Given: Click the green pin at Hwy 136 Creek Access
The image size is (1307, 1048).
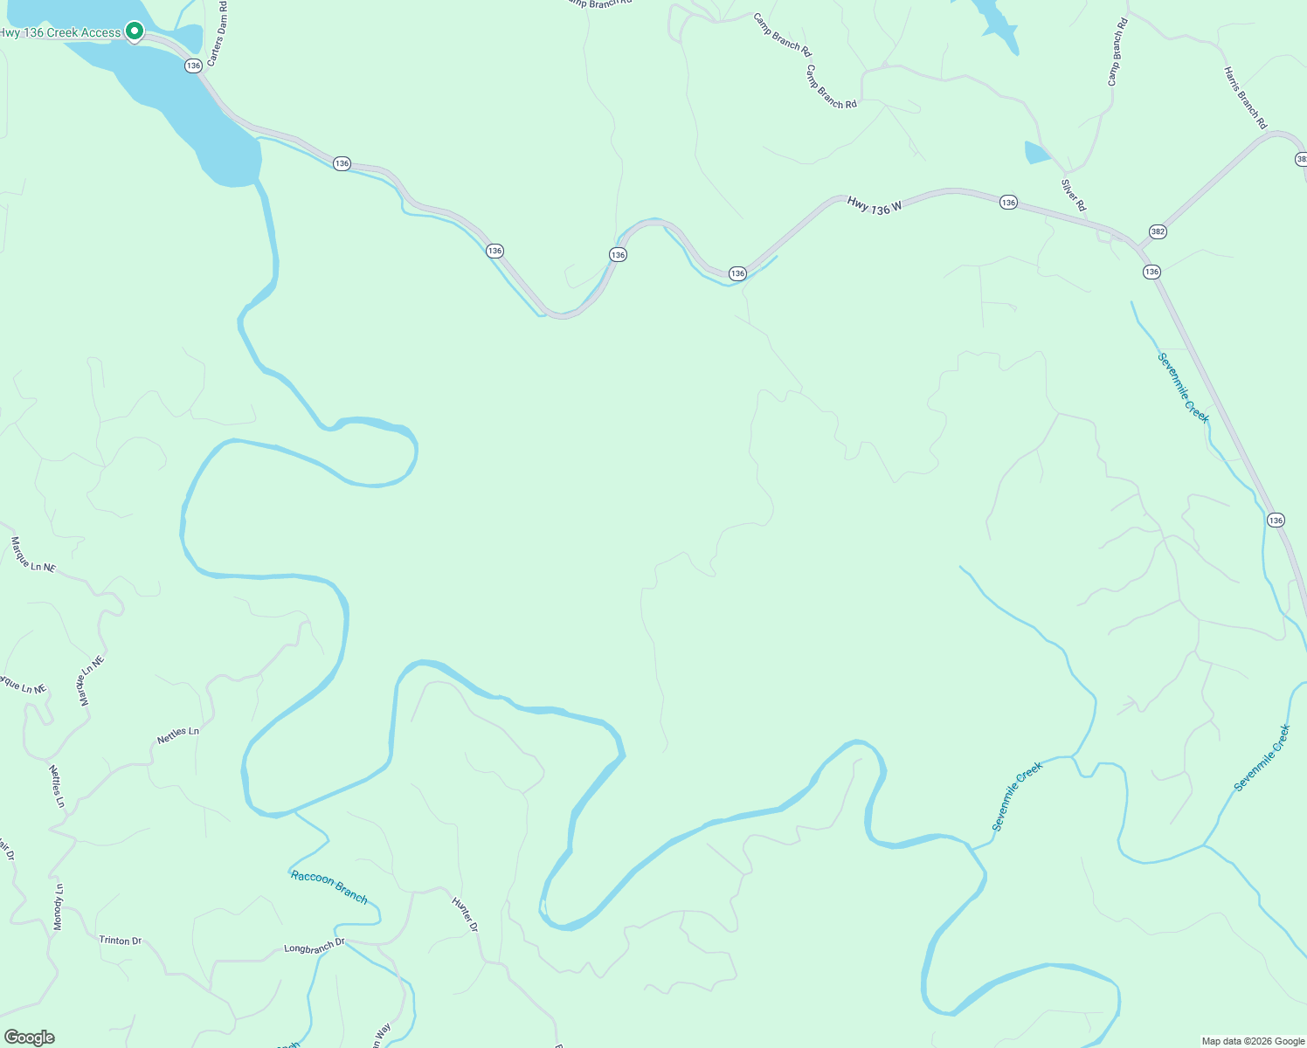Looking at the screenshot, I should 134,31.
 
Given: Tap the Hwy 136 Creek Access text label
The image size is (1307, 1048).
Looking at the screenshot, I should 60,33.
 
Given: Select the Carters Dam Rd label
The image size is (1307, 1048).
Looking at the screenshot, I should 216,39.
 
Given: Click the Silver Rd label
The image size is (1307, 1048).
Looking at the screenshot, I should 1073,195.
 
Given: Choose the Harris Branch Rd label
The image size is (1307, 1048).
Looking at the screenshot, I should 1245,98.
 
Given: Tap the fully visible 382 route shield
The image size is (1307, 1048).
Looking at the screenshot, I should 1158,231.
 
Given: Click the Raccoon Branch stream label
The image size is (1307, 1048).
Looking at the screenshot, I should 329,886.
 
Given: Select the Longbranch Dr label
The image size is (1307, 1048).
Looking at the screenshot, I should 315,946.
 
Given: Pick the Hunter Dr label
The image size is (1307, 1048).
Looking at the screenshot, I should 465,914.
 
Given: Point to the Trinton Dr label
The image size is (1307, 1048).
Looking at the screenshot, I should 121,941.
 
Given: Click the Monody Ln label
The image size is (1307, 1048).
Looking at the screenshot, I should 59,907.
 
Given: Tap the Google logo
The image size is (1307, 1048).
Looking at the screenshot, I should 29,1038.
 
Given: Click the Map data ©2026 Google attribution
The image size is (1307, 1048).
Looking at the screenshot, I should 1252,1041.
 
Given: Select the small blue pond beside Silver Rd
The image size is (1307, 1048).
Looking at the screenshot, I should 1037,153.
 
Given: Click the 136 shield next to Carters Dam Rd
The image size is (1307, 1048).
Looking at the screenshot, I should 193,65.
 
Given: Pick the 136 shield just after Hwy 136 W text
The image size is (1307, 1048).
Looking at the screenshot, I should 1008,203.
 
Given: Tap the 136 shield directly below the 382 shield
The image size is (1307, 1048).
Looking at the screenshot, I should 1151,272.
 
